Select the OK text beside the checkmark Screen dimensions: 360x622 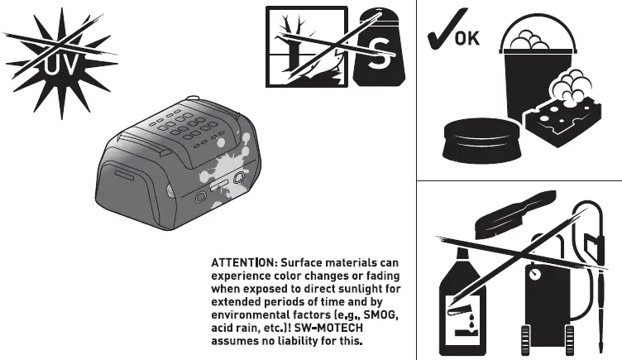tap(467, 37)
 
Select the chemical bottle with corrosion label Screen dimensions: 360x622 tap(457, 306)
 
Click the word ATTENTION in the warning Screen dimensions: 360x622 tap(243, 262)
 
